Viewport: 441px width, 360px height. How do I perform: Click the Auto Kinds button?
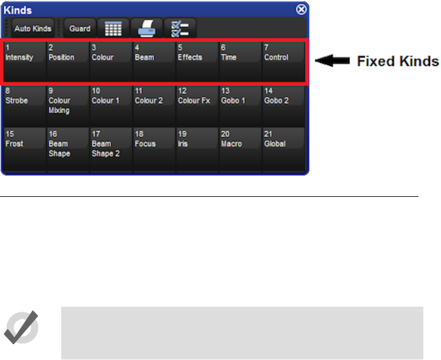point(32,29)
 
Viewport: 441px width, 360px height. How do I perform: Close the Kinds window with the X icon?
point(302,10)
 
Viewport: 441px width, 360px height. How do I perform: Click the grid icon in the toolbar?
point(112,29)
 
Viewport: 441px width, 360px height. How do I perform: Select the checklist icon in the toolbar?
point(180,29)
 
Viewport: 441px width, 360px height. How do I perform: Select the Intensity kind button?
point(25,61)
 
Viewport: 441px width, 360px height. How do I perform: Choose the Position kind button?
point(68,61)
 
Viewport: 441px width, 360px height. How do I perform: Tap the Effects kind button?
point(197,61)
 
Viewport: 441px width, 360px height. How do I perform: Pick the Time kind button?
point(240,61)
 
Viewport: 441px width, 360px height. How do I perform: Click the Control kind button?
point(283,61)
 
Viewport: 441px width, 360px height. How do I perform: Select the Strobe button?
point(25,105)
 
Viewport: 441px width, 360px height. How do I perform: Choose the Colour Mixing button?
point(68,105)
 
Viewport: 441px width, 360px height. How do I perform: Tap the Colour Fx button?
point(197,105)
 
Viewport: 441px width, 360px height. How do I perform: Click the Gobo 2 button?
point(283,105)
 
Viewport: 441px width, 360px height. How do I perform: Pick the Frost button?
point(25,148)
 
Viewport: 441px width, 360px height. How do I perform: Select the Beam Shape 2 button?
point(111,148)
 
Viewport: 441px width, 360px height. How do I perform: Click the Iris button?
point(197,148)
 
